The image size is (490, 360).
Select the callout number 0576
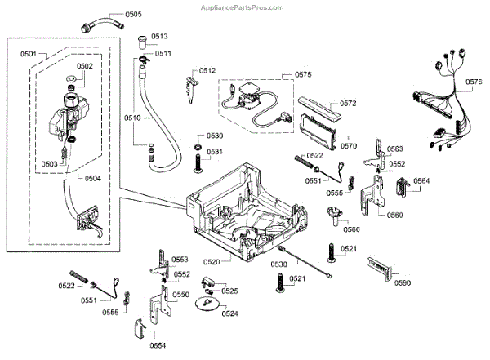tap(474, 81)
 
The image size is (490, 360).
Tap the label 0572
tap(349, 104)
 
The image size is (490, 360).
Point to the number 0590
tap(402, 282)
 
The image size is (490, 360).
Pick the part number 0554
tap(158, 345)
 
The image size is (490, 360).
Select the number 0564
tap(421, 180)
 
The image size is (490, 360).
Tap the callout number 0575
tap(303, 74)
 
